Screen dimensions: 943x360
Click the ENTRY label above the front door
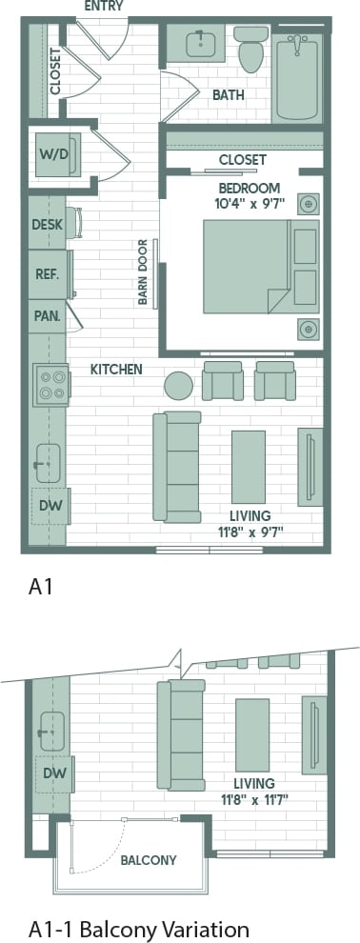point(102,6)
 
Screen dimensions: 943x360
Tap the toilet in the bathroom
point(251,50)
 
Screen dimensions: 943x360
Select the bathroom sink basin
point(201,45)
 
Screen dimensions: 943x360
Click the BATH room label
point(228,94)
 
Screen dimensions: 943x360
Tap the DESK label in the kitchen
point(47,225)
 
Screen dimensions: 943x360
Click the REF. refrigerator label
point(47,274)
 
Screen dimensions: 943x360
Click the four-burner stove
point(50,384)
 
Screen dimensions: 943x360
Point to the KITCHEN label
point(116,369)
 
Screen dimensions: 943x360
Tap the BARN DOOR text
point(143,271)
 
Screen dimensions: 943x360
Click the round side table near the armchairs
point(178,385)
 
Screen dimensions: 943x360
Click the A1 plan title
point(39,589)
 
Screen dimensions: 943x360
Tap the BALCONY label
point(148,860)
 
